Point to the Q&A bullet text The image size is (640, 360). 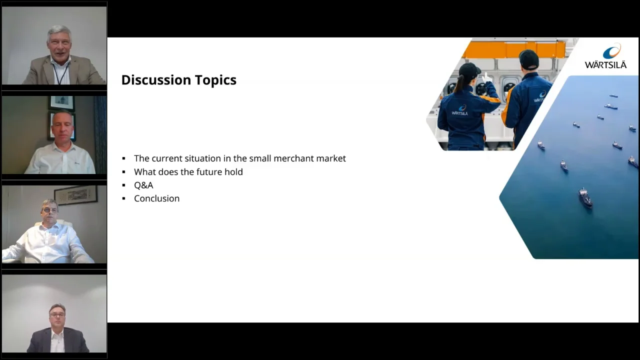tap(143, 185)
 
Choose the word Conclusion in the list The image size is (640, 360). tap(157, 198)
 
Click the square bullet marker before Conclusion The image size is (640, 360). tap(123, 198)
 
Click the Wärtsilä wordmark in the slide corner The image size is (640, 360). tap(605, 64)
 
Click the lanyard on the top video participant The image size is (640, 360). tap(61, 73)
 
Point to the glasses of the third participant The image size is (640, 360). tap(49, 210)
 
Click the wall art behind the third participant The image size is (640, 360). tap(75, 195)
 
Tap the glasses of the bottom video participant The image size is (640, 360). tap(57, 314)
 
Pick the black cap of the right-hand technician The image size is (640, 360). tap(528, 59)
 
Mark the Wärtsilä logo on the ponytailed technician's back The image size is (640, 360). tap(460, 110)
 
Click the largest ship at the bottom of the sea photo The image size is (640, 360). tap(585, 197)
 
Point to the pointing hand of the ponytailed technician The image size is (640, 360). tap(486, 77)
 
